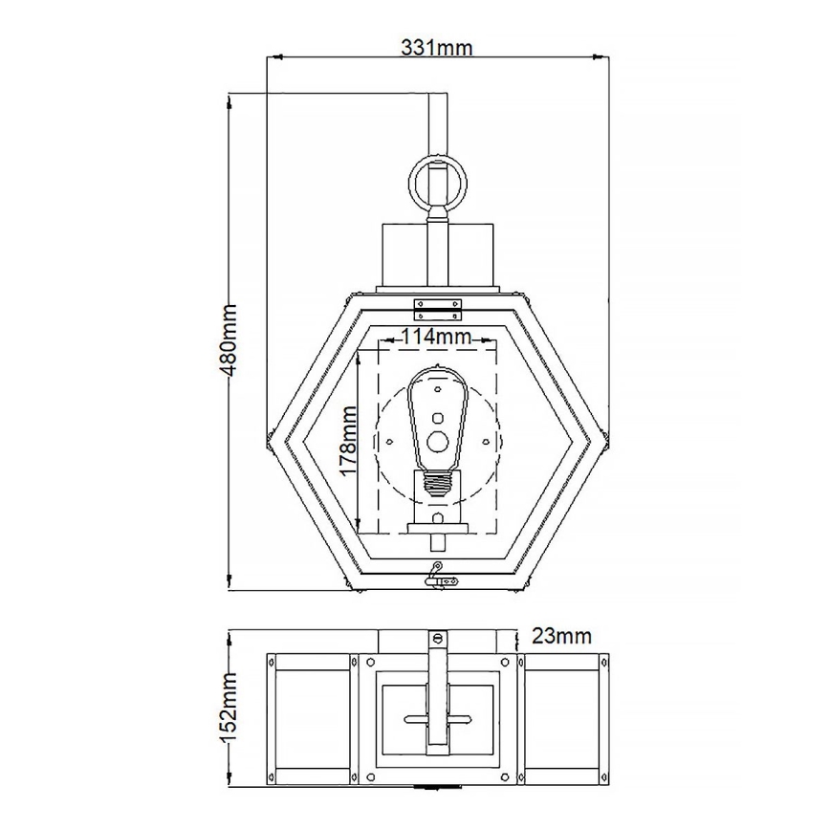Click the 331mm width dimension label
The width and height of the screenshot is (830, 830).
click(x=437, y=47)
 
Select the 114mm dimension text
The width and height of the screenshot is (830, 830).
click(x=436, y=336)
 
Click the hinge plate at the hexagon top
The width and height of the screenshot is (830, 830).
click(x=437, y=308)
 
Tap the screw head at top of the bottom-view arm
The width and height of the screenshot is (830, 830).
click(x=438, y=638)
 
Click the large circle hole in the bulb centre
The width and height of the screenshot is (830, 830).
click(x=437, y=441)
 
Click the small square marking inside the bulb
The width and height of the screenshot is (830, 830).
click(x=437, y=417)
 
